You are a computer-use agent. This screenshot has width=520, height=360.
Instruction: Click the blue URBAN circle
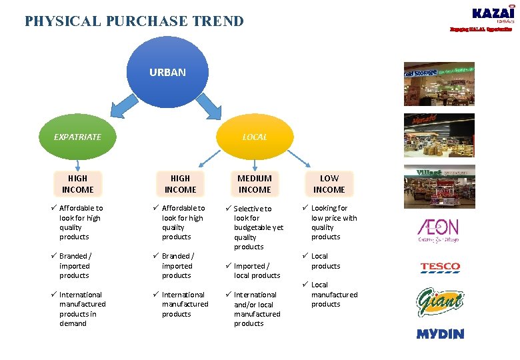[x=168, y=72]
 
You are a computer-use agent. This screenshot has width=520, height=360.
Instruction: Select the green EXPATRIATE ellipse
[x=78, y=137]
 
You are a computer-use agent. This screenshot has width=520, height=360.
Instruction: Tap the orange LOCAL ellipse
[x=255, y=137]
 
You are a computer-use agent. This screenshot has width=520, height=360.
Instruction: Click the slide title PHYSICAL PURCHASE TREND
[x=134, y=21]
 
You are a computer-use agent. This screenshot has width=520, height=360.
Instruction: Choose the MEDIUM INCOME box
[x=255, y=184]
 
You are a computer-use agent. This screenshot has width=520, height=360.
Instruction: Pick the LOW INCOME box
[x=329, y=184]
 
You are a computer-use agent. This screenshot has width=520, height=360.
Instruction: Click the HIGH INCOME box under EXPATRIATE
[x=78, y=184]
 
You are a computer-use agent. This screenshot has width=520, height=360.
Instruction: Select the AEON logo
[x=438, y=231]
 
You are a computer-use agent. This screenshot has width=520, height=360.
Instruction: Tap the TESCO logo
[x=440, y=268]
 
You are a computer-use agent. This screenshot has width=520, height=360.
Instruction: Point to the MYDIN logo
[x=440, y=333]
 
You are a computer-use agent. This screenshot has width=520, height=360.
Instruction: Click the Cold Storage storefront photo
[x=439, y=84]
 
